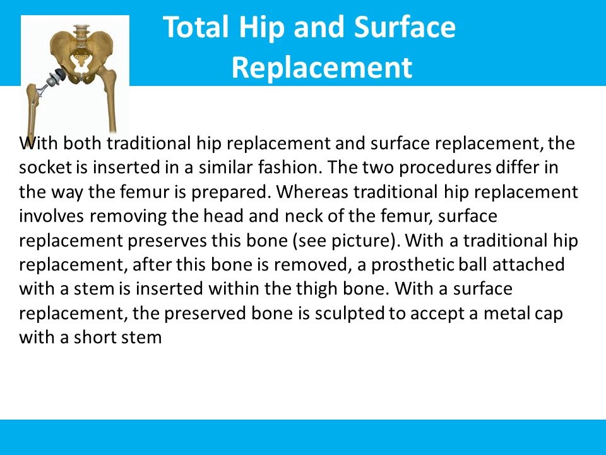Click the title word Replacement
pyautogui.click(x=322, y=67)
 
